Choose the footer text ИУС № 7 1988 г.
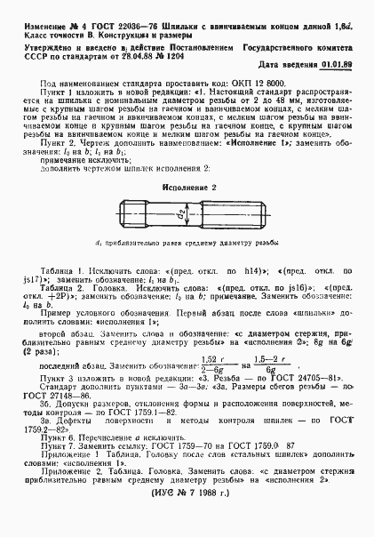pyautogui.click(x=187, y=515)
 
